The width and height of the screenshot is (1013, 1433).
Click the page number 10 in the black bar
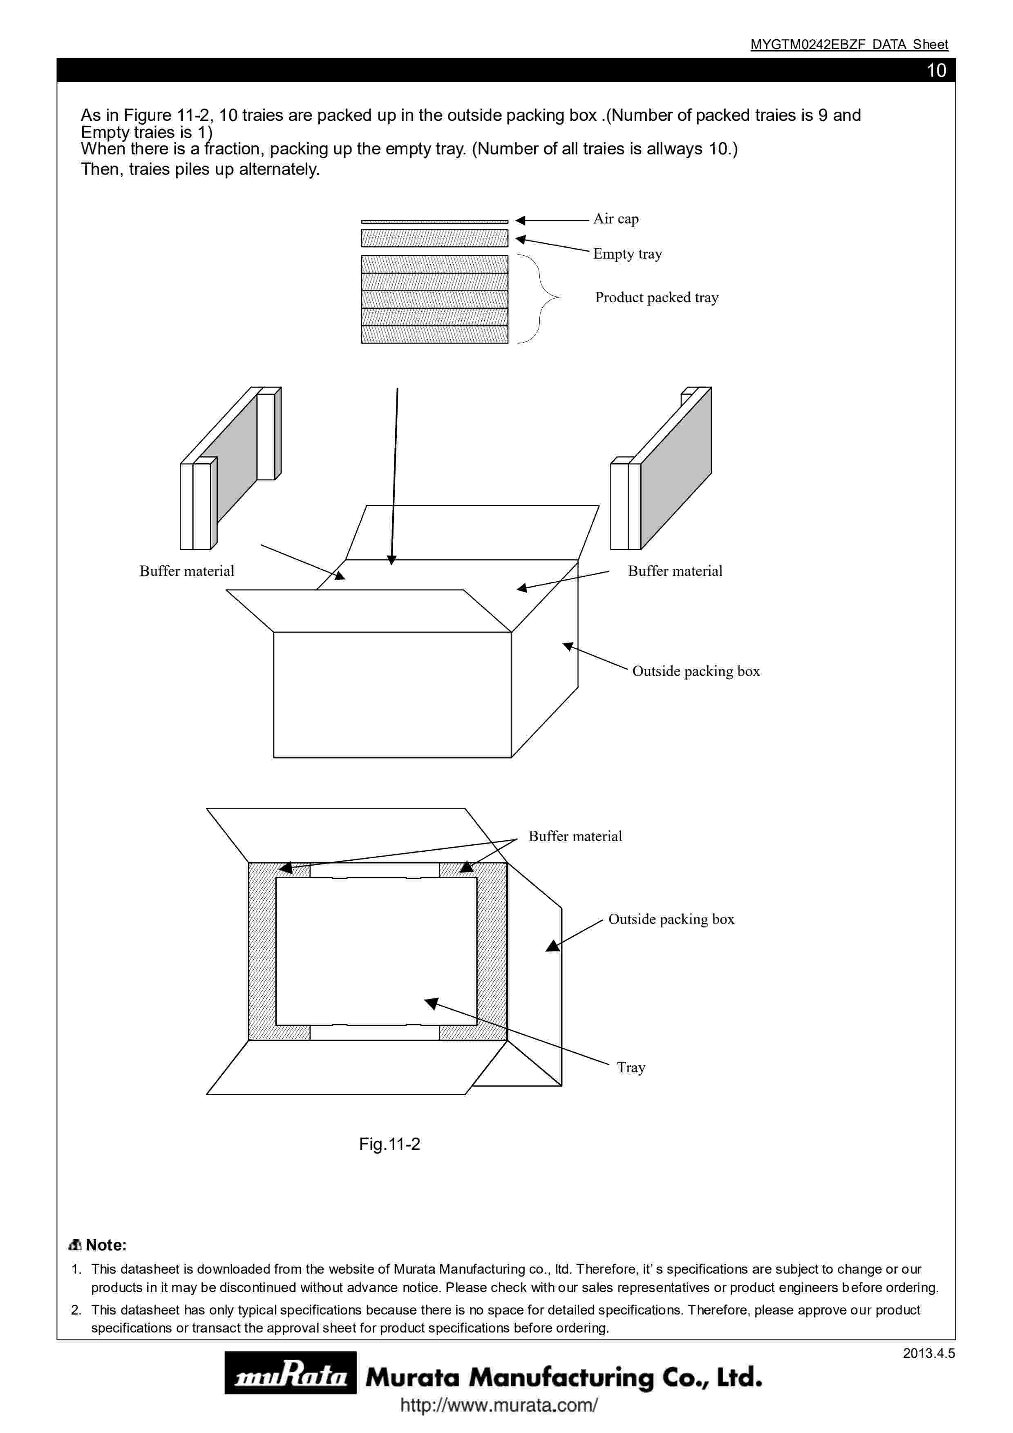click(936, 71)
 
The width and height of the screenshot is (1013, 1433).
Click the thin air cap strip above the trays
click(434, 221)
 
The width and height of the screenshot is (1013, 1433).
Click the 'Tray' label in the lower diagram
click(631, 1067)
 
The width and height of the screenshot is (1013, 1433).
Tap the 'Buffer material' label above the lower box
click(575, 836)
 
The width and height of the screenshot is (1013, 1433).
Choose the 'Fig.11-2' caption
click(389, 1144)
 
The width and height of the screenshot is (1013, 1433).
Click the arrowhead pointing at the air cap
click(521, 220)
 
